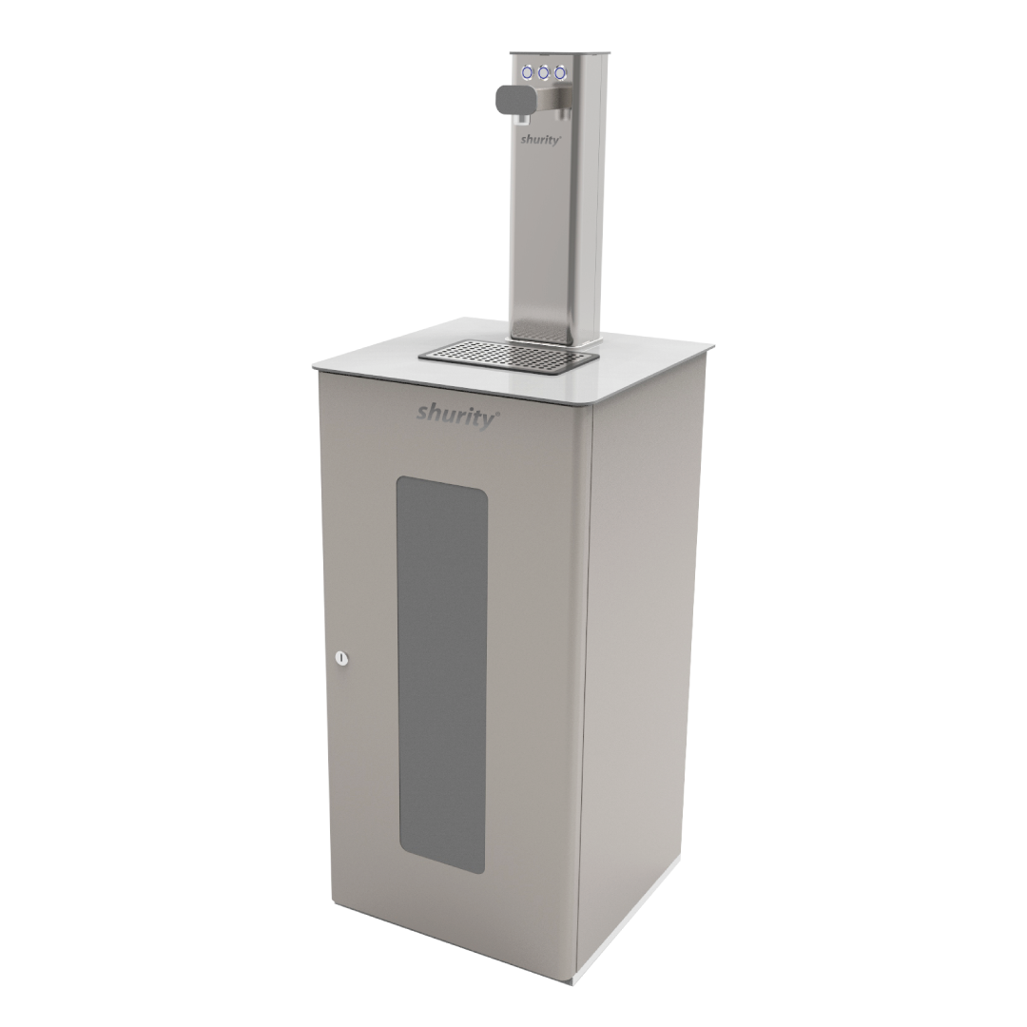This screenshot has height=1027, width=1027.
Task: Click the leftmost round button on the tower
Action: click(x=527, y=71)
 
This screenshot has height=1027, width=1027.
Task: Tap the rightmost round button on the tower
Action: click(x=561, y=71)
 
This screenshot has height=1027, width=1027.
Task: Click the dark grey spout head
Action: click(x=513, y=98)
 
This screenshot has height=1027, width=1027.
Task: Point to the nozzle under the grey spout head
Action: click(x=522, y=120)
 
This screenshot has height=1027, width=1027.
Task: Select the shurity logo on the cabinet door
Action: click(x=455, y=414)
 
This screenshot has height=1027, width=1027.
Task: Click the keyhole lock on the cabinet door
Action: click(x=342, y=657)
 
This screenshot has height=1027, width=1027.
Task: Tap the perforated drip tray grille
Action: click(x=509, y=356)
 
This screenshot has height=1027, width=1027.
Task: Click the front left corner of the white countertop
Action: click(x=315, y=364)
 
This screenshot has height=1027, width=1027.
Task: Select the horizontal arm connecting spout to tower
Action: click(x=552, y=97)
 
